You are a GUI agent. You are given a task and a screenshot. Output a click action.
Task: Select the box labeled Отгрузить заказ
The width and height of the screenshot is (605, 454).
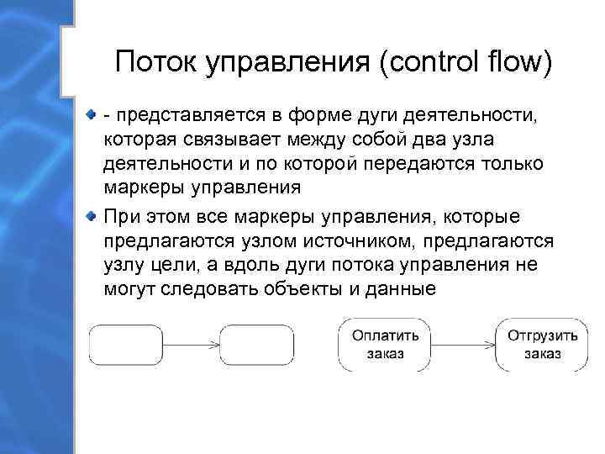click(541, 344)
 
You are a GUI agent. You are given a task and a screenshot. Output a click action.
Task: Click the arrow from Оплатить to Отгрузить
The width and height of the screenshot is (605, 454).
click(463, 344)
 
